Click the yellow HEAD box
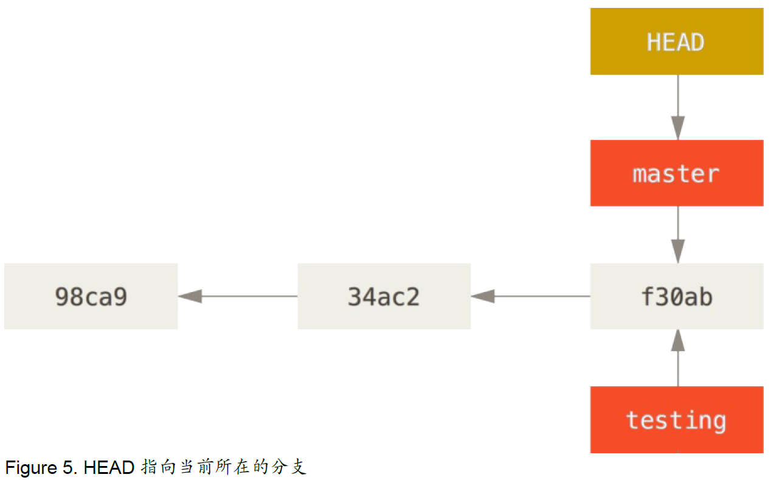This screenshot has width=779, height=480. (x=677, y=41)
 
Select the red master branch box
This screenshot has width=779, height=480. (x=677, y=173)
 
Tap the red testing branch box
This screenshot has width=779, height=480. (x=677, y=420)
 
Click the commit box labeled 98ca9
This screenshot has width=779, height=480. (x=91, y=296)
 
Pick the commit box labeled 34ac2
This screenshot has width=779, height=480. (x=384, y=296)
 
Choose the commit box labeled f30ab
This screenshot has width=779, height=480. (x=677, y=296)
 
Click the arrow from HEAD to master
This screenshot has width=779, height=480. (x=678, y=107)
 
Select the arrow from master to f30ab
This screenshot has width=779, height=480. (x=678, y=235)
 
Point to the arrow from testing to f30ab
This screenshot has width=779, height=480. (x=678, y=358)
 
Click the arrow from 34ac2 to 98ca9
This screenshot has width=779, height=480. (x=238, y=296)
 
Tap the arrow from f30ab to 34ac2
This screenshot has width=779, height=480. (x=530, y=296)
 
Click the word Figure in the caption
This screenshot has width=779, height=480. (x=31, y=467)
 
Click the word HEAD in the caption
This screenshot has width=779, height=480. (x=109, y=467)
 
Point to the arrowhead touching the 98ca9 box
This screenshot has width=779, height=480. (x=190, y=296)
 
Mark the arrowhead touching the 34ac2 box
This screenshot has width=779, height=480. (x=483, y=296)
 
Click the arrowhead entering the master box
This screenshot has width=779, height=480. (x=678, y=128)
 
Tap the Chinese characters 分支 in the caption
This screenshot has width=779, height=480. (x=289, y=467)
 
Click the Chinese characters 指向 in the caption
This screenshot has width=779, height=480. (x=158, y=467)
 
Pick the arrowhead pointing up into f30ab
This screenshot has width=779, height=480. (x=678, y=341)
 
